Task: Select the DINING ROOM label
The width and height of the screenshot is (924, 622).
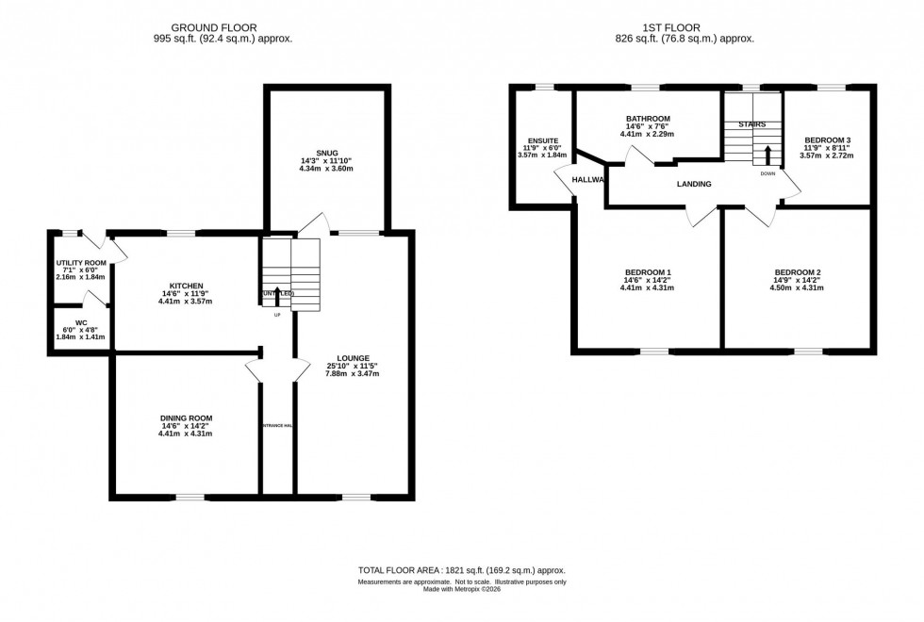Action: (186, 417)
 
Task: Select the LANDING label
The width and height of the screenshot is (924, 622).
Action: (693, 184)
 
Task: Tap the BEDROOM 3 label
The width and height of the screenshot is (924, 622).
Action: (827, 139)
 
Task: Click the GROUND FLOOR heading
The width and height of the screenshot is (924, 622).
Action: (223, 27)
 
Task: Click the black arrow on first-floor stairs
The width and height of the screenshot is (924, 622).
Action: (767, 154)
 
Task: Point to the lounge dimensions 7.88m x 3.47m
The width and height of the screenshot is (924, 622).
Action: (353, 374)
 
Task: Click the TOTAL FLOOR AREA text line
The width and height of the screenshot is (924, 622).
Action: (461, 571)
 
